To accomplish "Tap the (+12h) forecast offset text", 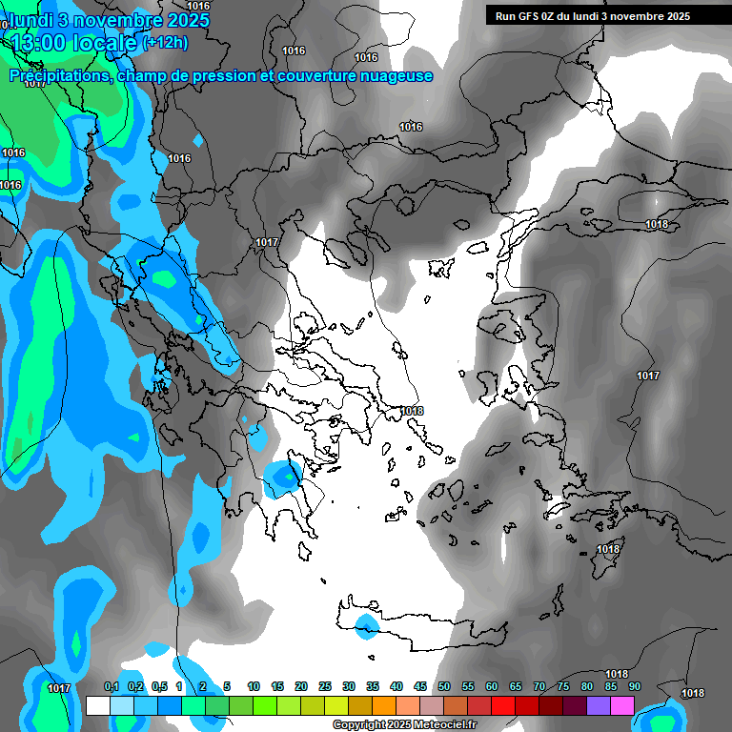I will click(165, 42).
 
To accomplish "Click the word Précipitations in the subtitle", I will click(60, 75).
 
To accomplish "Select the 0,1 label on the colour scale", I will click(112, 687).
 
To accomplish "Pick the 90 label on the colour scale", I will click(635, 687).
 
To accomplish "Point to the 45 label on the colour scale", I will click(420, 687).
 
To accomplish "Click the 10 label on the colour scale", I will click(254, 687).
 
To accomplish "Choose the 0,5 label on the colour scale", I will click(159, 687).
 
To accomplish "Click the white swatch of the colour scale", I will click(97, 705).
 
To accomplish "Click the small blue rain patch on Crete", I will click(366, 625).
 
